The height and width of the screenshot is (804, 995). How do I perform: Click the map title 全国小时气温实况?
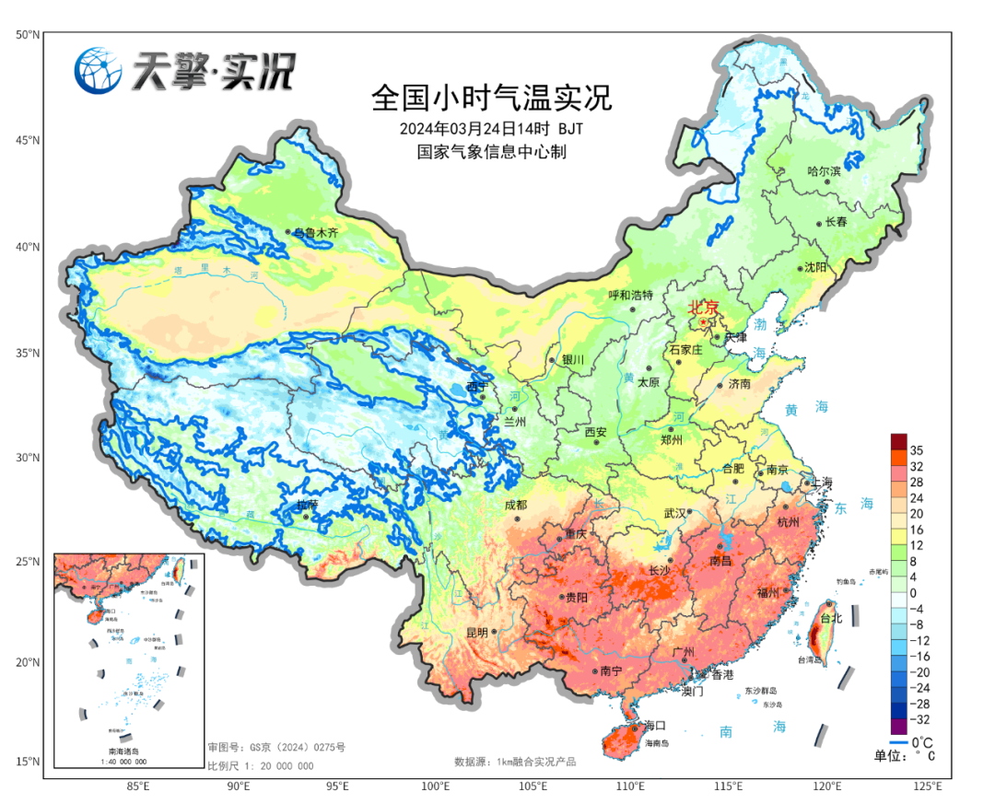coord(490,97)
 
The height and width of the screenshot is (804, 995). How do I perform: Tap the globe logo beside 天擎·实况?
coord(99,70)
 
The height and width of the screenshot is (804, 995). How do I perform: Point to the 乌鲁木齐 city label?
coord(316,233)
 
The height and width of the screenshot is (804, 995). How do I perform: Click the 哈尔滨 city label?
coord(824,170)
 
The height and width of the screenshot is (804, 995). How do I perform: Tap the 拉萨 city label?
coord(306,505)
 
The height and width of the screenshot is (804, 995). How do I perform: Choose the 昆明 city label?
coord(476,633)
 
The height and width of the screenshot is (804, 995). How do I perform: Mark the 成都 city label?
coord(516,505)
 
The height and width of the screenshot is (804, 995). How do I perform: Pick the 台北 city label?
coord(830,618)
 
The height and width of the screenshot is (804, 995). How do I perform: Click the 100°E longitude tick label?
coord(435,787)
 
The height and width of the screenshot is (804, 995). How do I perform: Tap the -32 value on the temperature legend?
coord(919,718)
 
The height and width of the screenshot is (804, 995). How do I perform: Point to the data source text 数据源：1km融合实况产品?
coord(515,762)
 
